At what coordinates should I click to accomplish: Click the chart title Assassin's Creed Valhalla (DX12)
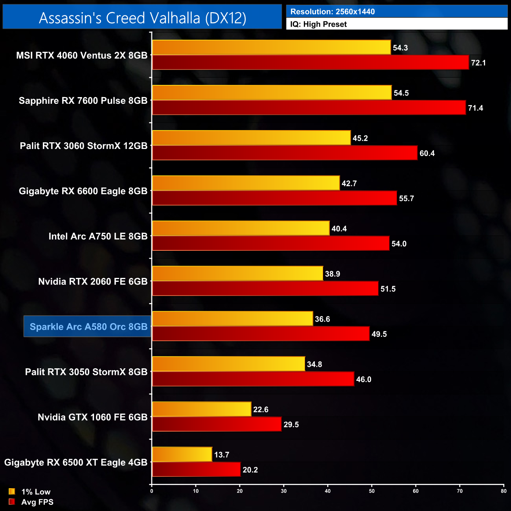tap(142, 18)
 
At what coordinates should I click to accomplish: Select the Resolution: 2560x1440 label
tap(332, 11)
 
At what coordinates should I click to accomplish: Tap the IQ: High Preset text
tap(318, 24)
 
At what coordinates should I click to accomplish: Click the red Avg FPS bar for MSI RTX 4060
tap(310, 62)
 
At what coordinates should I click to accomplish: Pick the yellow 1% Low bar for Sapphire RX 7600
tap(272, 93)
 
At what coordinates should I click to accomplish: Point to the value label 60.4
tap(427, 153)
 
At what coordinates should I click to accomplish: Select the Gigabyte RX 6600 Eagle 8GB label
tap(83, 191)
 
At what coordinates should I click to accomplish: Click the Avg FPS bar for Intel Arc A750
tap(270, 243)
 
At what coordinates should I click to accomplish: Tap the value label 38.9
tap(333, 274)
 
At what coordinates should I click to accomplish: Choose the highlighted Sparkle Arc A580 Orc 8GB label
tap(88, 327)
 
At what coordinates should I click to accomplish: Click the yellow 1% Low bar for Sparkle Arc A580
tap(232, 319)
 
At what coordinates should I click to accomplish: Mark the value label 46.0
tap(364, 379)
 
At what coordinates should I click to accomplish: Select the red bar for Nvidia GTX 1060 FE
tap(217, 424)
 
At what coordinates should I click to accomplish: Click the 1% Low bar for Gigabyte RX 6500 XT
tap(182, 454)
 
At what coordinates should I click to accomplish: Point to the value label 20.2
tap(250, 470)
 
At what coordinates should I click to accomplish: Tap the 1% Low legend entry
tap(30, 492)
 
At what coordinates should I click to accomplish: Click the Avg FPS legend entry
tap(31, 502)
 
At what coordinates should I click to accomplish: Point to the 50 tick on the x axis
tap(372, 491)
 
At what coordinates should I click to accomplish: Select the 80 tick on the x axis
tap(504, 491)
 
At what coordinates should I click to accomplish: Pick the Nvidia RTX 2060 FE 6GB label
tap(93, 281)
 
